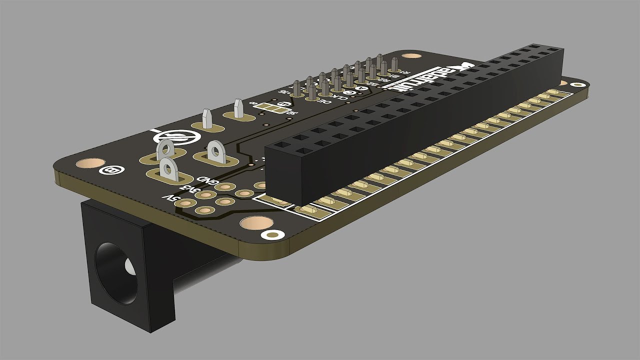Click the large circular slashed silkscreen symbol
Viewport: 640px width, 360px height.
pyautogui.click(x=172, y=137)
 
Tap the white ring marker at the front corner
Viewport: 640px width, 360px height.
pyautogui.click(x=273, y=234)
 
